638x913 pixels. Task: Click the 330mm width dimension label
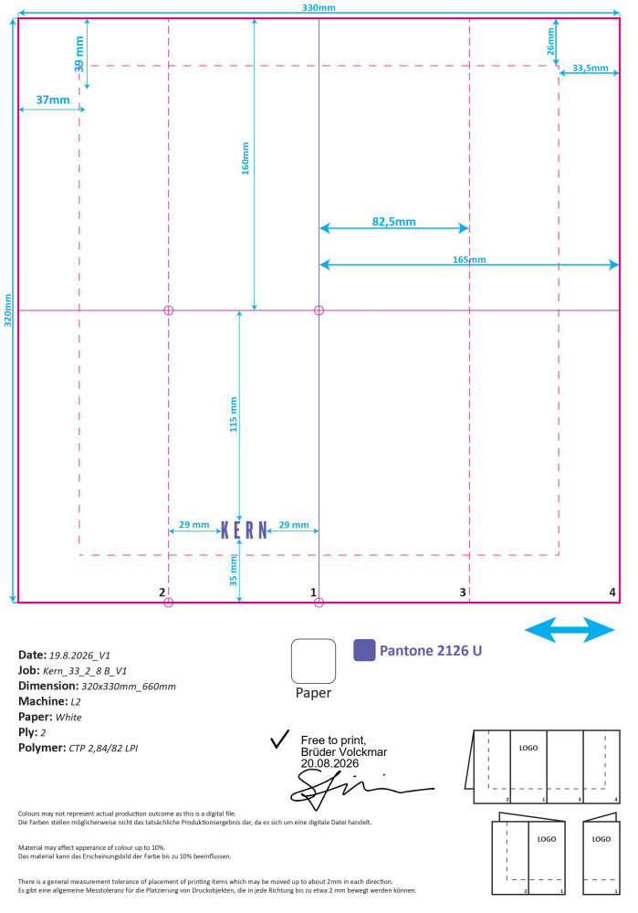(319, 7)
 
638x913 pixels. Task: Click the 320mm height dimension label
(8, 310)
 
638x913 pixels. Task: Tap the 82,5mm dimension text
(394, 222)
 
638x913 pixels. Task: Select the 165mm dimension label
(469, 259)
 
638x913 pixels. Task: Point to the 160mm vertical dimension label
(246, 158)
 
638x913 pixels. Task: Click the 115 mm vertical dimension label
(234, 414)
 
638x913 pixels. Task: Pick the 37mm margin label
(53, 100)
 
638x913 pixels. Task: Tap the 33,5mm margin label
(591, 68)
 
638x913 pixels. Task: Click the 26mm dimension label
(550, 42)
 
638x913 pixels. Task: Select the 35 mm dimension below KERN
(234, 571)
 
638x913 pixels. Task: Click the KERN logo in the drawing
(245, 530)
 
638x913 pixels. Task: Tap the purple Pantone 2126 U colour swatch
(364, 650)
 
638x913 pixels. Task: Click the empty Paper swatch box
(313, 661)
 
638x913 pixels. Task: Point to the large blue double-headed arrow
(570, 630)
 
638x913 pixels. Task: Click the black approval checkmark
(280, 739)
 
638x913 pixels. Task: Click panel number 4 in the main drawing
(612, 593)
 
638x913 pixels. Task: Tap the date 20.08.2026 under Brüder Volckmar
(329, 763)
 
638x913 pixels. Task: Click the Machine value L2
(76, 701)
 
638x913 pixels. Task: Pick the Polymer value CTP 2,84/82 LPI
(103, 749)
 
